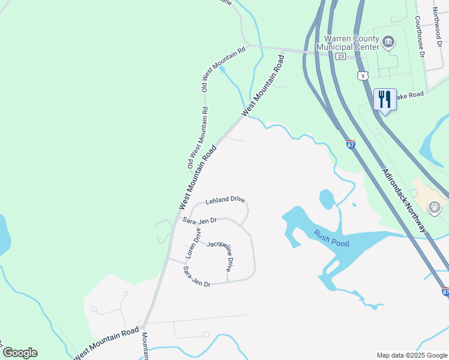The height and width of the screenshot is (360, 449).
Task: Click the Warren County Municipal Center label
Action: pos(353,42)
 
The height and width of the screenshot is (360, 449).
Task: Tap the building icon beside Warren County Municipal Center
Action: pos(388,41)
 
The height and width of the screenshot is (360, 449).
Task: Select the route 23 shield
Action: pos(340,56)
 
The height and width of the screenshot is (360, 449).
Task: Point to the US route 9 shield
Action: pos(361,75)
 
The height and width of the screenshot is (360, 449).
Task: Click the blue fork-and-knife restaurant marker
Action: pos(384,99)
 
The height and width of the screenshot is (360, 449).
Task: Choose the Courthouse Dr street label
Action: pos(420,36)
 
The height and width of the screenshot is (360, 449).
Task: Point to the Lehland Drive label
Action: pos(225,200)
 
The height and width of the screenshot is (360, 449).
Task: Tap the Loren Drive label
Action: pos(193,242)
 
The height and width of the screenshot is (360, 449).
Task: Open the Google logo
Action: pos(20,353)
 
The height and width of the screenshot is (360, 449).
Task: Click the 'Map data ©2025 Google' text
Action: pos(412,355)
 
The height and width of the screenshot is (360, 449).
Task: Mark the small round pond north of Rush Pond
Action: pos(327,199)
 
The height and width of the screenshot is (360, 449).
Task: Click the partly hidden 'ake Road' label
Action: pos(411,95)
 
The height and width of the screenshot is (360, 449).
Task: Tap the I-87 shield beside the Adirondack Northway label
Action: pos(351,145)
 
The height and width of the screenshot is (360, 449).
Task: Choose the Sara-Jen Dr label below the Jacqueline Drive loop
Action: pos(196,277)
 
